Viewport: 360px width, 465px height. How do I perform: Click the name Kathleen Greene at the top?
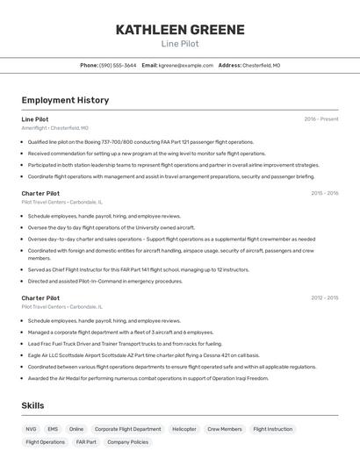[x=180, y=30]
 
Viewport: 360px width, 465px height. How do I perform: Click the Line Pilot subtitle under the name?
[x=180, y=43]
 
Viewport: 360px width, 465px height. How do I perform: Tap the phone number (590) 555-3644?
[x=118, y=65]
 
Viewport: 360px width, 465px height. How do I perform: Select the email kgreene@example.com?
[x=186, y=65]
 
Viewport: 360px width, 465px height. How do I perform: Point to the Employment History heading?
[x=65, y=100]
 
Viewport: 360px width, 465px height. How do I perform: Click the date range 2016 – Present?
[x=321, y=118]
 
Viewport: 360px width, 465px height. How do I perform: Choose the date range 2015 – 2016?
[x=324, y=193]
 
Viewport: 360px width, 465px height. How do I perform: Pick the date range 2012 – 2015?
[x=324, y=298]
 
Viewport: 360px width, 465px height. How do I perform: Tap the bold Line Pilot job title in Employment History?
[x=35, y=118]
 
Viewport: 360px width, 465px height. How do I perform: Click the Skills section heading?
[x=33, y=405]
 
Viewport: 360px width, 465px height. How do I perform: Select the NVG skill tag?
[x=32, y=429]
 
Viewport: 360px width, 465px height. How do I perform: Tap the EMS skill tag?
[x=53, y=429]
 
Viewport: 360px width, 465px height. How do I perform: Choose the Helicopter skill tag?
[x=184, y=429]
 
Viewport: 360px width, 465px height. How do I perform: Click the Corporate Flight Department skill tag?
[x=128, y=429]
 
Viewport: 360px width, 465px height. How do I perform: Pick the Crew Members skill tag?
[x=225, y=429]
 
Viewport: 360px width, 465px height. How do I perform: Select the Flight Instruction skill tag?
[x=273, y=429]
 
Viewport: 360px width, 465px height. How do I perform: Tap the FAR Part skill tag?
[x=86, y=442]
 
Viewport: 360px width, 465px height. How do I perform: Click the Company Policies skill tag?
[x=128, y=442]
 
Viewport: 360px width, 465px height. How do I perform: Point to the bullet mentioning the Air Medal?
[x=148, y=378]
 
